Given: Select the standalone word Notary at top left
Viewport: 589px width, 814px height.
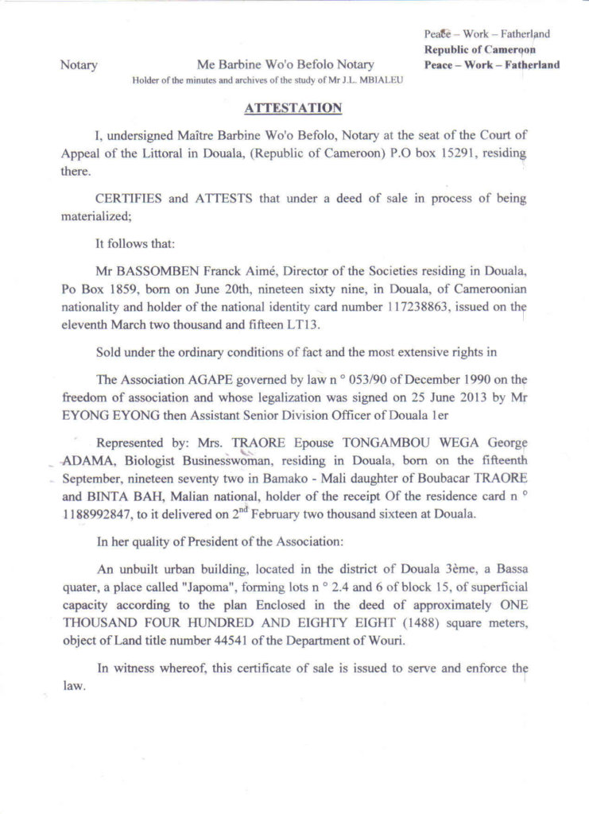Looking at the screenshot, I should pos(79,65).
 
